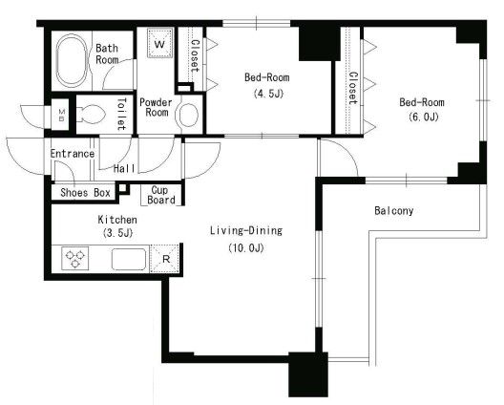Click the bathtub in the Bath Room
72,60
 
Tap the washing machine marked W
159,43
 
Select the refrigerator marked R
165,258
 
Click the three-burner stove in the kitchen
75,258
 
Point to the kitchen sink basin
129,259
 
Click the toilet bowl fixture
91,115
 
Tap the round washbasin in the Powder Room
188,115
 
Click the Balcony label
393,211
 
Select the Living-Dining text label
246,230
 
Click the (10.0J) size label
246,248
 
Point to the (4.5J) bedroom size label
268,94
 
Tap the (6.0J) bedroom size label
424,117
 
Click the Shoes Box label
86,193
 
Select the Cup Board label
161,195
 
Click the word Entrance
73,154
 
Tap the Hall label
124,168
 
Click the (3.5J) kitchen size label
118,233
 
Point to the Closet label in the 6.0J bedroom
353,88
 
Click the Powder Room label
157,107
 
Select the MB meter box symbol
62,115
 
